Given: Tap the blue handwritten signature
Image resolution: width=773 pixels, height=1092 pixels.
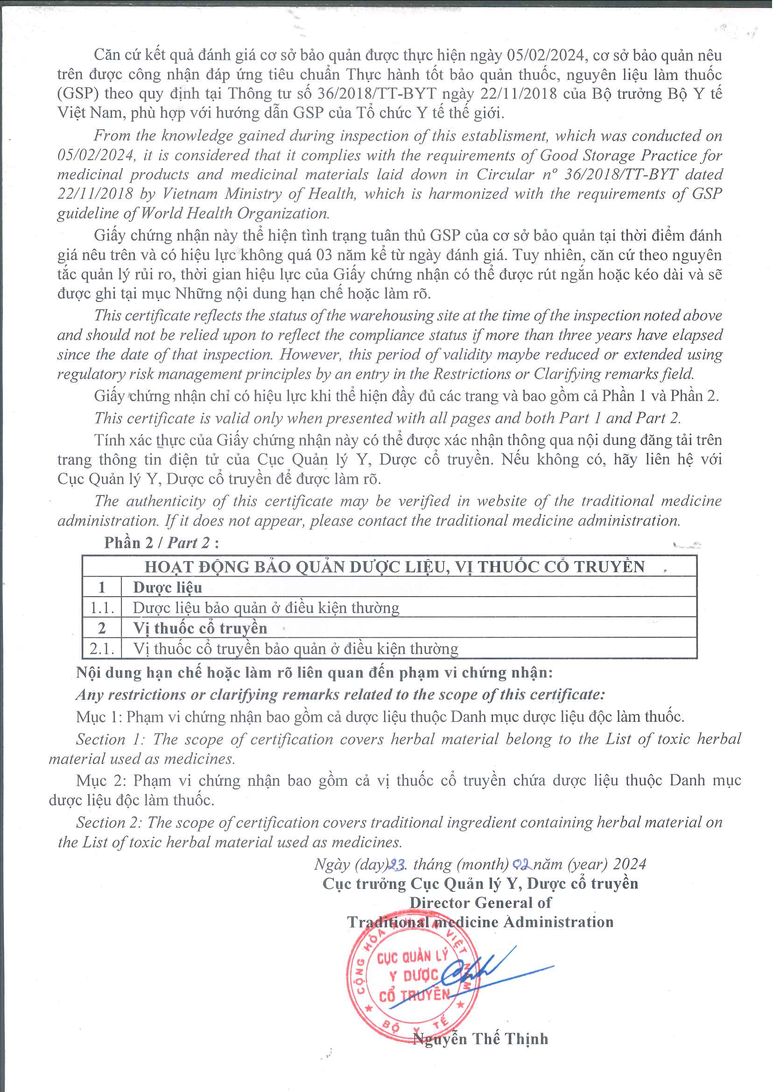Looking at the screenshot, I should pyautogui.click(x=490, y=971).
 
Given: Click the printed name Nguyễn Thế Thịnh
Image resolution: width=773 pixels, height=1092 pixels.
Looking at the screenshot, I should pyautogui.click(x=480, y=1039).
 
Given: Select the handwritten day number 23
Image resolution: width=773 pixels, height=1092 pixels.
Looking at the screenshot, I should pyautogui.click(x=396, y=864).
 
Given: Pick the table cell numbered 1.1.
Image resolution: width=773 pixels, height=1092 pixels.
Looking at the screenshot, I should pyautogui.click(x=102, y=608).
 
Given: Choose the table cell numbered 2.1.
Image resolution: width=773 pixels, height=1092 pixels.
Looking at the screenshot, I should pyautogui.click(x=102, y=648).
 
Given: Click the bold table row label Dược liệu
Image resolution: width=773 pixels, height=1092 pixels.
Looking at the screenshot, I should pyautogui.click(x=168, y=587).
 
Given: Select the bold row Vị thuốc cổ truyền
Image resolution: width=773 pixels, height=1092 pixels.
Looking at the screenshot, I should pyautogui.click(x=200, y=628).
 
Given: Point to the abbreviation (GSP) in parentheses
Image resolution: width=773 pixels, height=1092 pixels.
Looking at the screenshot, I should pyautogui.click(x=77, y=93).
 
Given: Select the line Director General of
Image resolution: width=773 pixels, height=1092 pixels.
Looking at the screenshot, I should pyautogui.click(x=480, y=902).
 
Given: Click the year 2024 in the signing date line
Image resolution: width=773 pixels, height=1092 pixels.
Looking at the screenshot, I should pyautogui.click(x=629, y=864).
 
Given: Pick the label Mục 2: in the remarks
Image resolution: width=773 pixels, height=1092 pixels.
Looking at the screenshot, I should pyautogui.click(x=100, y=781).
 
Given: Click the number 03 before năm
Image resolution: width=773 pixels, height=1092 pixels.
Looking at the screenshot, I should pyautogui.click(x=324, y=255).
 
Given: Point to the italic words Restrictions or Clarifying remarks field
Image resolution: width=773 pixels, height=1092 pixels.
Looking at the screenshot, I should pyautogui.click(x=564, y=374).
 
